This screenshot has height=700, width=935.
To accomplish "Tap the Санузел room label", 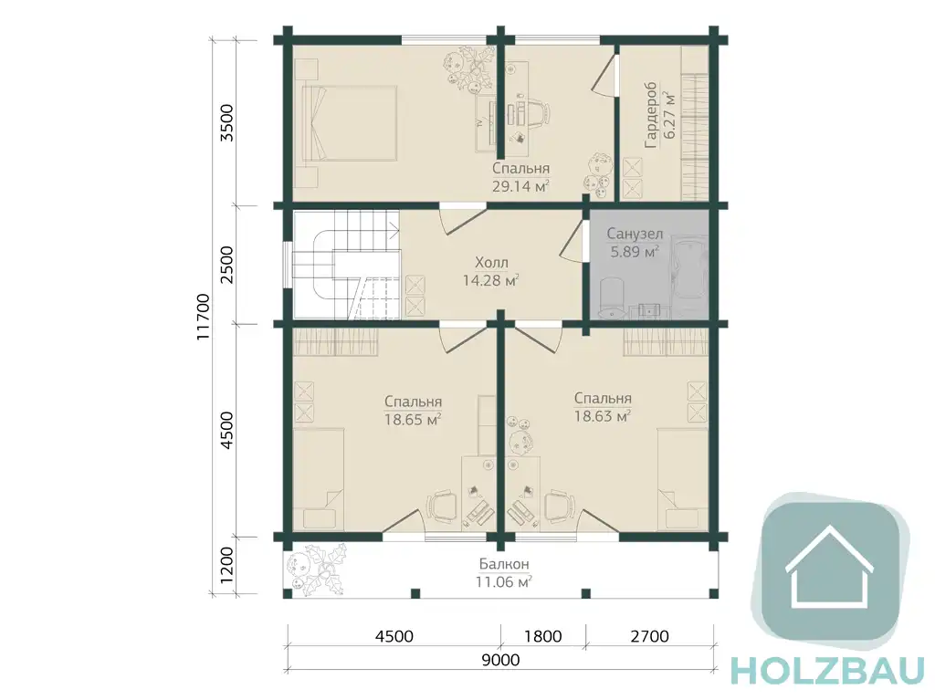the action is [x=635, y=234].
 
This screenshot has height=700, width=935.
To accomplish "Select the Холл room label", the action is [x=491, y=262].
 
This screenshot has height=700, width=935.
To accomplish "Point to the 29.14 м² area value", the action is [x=520, y=186].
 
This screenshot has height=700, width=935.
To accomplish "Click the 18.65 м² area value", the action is [x=413, y=419].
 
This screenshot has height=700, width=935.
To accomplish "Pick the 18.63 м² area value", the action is [x=603, y=415].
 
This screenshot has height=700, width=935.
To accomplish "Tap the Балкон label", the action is [x=504, y=563].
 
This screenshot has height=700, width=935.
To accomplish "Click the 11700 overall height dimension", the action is [x=204, y=317].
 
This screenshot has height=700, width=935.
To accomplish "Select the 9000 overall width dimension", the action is [x=500, y=660].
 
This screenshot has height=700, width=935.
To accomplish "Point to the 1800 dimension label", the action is [x=542, y=636].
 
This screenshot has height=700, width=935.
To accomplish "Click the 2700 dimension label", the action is [x=649, y=636].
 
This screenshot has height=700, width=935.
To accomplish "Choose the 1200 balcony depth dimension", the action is [x=227, y=566].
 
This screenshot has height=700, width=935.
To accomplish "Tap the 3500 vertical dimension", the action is [x=227, y=123].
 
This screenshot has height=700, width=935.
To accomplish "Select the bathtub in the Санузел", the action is [x=688, y=267].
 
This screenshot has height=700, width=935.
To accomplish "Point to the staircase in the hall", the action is [x=346, y=264].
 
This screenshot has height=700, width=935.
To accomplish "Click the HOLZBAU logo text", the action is [x=827, y=672].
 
